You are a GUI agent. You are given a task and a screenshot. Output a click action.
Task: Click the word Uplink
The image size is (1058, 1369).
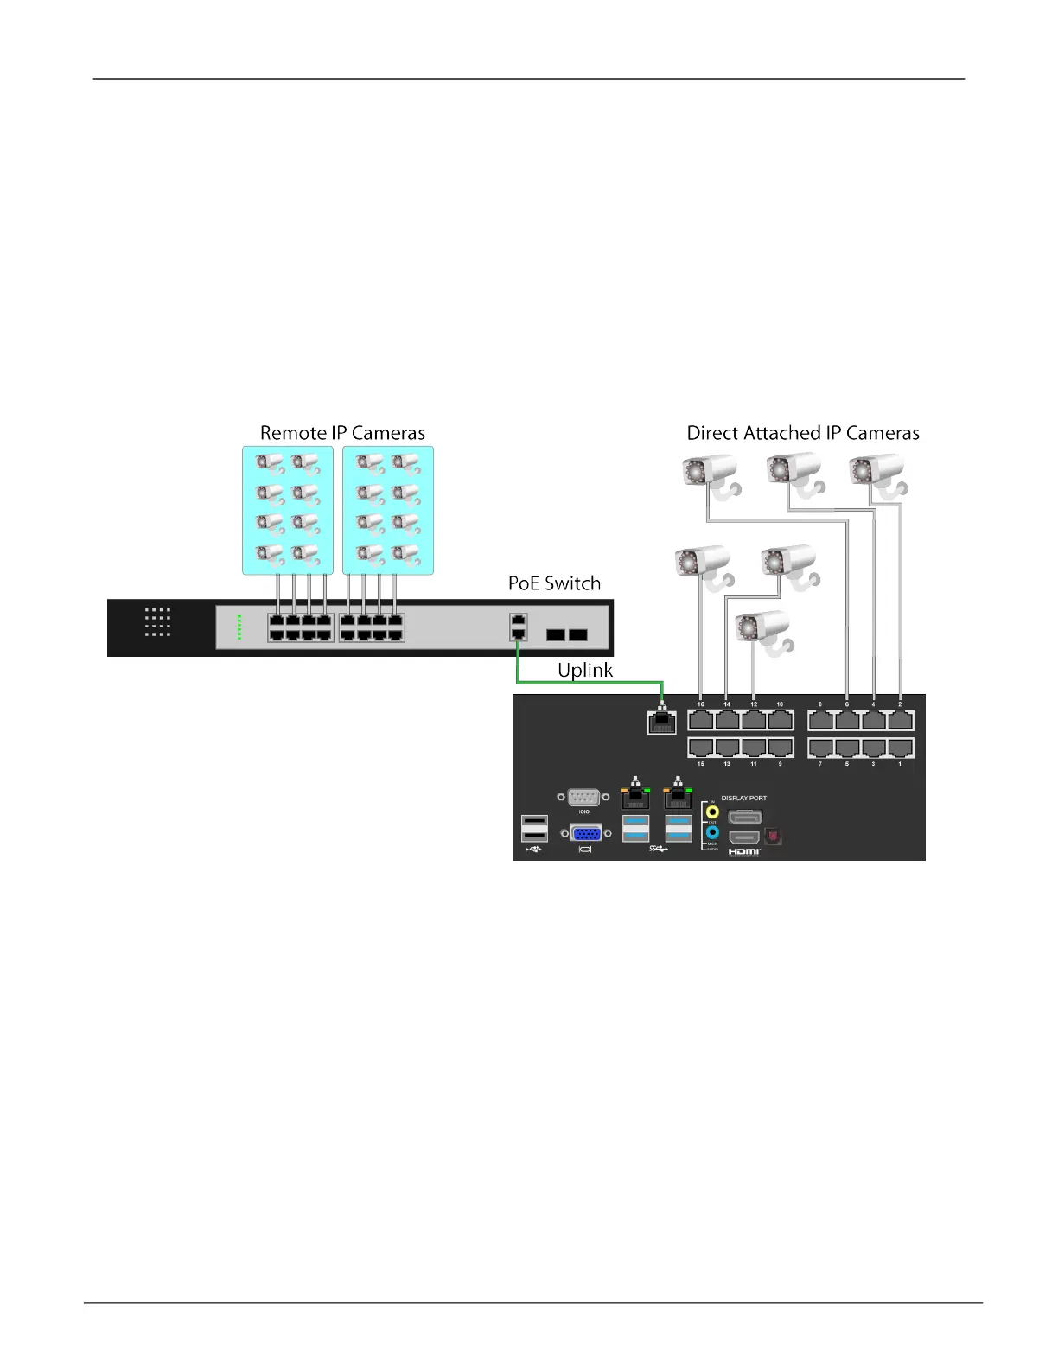(585, 671)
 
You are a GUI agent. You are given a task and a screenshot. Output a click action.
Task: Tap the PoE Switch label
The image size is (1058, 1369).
(554, 583)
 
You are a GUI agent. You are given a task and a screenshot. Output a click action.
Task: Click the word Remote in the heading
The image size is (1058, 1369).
(293, 433)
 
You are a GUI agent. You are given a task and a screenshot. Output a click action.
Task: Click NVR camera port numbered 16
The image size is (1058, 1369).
(700, 720)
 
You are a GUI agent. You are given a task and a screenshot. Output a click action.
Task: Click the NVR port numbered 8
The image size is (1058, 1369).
(820, 720)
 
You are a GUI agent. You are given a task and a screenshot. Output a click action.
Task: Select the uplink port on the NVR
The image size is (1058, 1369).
(661, 722)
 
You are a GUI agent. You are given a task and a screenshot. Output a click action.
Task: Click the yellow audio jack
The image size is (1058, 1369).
(712, 812)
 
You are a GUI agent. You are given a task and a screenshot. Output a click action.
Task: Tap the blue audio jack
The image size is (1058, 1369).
(712, 833)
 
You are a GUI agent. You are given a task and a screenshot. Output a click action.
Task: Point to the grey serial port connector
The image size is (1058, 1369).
(584, 797)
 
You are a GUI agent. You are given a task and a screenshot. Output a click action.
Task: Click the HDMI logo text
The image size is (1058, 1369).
(743, 853)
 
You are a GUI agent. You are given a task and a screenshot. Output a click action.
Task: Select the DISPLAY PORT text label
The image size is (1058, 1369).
(743, 798)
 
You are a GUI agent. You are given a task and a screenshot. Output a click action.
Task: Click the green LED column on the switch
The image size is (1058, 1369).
(239, 628)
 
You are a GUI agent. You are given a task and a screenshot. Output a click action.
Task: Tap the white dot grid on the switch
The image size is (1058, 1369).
(157, 621)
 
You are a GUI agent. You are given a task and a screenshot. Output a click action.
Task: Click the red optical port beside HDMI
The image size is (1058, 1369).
(773, 836)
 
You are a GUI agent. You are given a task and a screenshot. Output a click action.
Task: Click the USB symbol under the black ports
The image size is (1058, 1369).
(534, 850)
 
